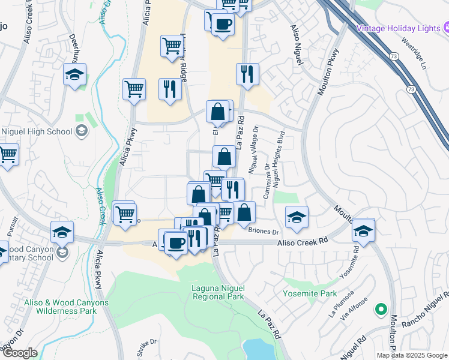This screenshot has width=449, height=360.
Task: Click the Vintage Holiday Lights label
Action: pyautogui.click(x=399, y=28)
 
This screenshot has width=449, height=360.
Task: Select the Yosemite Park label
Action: pyautogui.click(x=310, y=294)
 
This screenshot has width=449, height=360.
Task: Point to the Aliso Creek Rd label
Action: pyautogui.click(x=304, y=241)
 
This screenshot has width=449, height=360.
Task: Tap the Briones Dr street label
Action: pyautogui.click(x=264, y=232)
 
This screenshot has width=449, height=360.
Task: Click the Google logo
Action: pyautogui.click(x=20, y=353)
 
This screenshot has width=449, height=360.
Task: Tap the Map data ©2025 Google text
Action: pyautogui.click(x=412, y=355)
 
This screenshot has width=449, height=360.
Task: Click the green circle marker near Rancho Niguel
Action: pyautogui.click(x=380, y=310)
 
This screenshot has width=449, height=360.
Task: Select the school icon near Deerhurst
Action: pyautogui.click(x=75, y=76)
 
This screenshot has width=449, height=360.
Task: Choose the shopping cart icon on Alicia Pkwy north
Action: pyautogui.click(x=134, y=89)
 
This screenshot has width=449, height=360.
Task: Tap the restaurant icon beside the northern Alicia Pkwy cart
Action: pyautogui.click(x=170, y=89)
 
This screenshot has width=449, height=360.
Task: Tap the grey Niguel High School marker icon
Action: pyautogui.click(x=82, y=131)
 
